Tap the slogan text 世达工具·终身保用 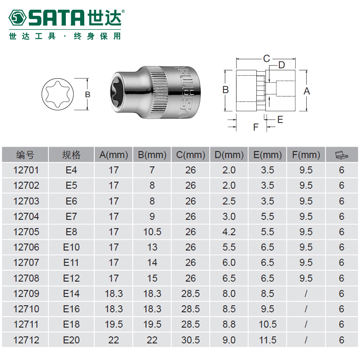click(x=65, y=36)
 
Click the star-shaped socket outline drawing click(x=58, y=94)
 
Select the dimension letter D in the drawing click(x=281, y=65)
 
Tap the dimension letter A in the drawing click(x=307, y=91)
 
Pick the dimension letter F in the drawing click(x=256, y=127)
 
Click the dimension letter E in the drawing click(x=280, y=120)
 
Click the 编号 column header click(x=25, y=155)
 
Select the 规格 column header click(x=71, y=155)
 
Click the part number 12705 click(x=26, y=232)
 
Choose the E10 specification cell click(x=71, y=247)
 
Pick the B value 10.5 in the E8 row click(x=152, y=232)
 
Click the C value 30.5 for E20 click(x=190, y=340)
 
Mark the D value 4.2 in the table click(x=229, y=232)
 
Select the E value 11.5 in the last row click(x=267, y=340)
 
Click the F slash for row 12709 click(x=306, y=294)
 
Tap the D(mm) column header click(x=229, y=155)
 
